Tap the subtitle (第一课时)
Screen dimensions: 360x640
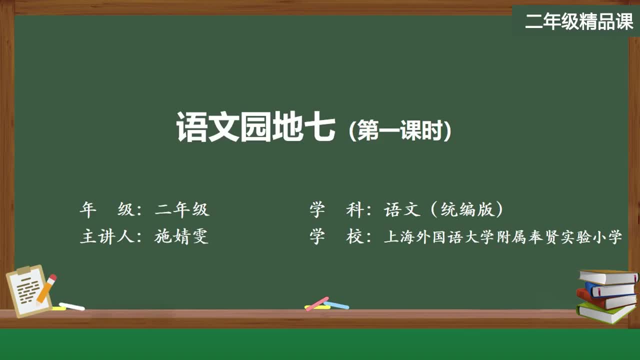tap(400, 131)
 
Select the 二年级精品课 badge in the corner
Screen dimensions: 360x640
tap(579, 21)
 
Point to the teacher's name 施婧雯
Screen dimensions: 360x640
tap(181, 236)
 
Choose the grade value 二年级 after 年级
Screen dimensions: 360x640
tap(182, 209)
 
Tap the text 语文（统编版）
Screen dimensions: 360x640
tap(443, 209)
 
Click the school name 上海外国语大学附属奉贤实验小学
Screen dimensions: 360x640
tap(502, 236)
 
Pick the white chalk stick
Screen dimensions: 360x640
tap(71, 306)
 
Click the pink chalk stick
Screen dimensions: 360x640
tap(317, 303)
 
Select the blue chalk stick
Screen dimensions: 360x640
tap(337, 305)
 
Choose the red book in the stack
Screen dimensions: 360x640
tap(605, 299)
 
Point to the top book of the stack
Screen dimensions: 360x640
tap(607, 276)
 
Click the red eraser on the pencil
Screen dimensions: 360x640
tap(52, 277)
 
